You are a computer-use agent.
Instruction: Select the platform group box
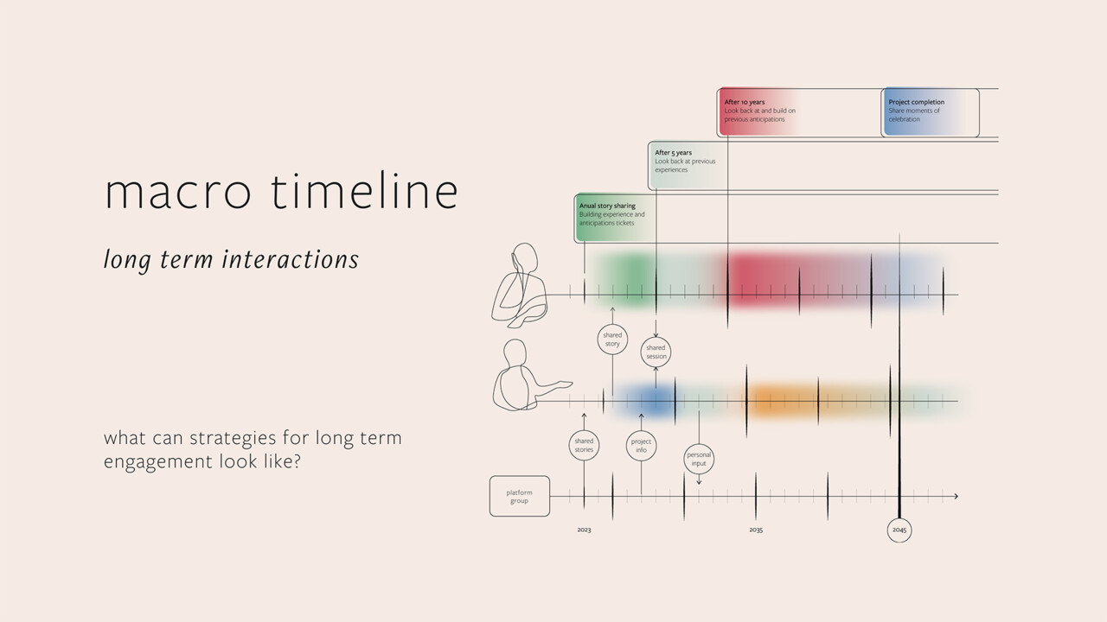click(519, 497)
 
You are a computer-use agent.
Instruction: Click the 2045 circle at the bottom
click(899, 530)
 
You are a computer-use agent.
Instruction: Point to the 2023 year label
click(584, 530)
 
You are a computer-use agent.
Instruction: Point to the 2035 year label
click(756, 530)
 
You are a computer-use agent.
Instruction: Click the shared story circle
click(612, 340)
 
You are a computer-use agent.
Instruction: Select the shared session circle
click(656, 352)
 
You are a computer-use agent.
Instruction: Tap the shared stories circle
click(584, 446)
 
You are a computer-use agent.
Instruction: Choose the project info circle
click(641, 446)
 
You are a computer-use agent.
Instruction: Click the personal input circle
click(699, 459)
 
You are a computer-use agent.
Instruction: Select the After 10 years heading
click(745, 102)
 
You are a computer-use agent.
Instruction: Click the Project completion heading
click(916, 102)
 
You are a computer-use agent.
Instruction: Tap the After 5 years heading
click(673, 153)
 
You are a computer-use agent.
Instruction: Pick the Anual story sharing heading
click(607, 206)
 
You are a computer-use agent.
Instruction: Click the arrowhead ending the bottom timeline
click(955, 497)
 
